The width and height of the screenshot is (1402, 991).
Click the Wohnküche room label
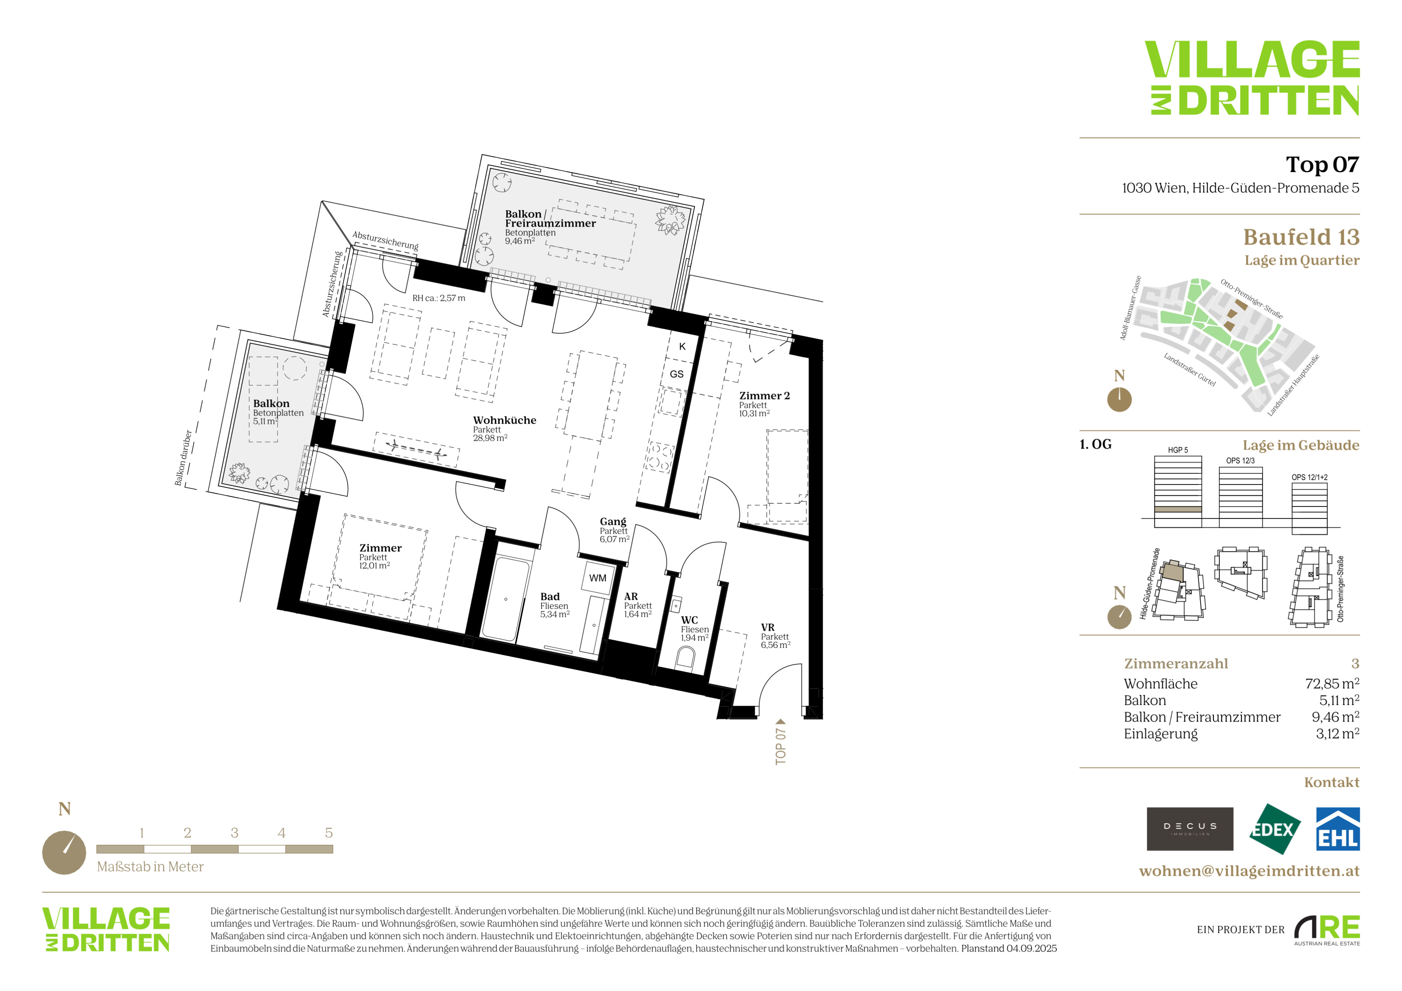(x=504, y=420)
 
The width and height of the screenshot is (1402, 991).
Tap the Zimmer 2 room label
(x=765, y=396)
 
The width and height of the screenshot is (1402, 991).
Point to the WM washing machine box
(x=598, y=578)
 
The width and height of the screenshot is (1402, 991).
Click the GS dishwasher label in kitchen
(x=677, y=374)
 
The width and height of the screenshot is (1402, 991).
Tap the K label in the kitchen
(x=682, y=346)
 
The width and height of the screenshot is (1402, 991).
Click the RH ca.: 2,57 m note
(x=439, y=298)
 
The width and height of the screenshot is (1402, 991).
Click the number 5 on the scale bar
(x=328, y=833)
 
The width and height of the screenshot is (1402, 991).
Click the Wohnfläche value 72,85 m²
(x=1332, y=683)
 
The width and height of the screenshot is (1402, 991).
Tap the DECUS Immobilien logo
(x=1190, y=829)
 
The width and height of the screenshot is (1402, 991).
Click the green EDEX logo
(x=1274, y=829)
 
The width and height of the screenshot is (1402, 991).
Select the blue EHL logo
(x=1337, y=829)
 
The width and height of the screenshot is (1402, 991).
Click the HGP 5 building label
(x=1178, y=450)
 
